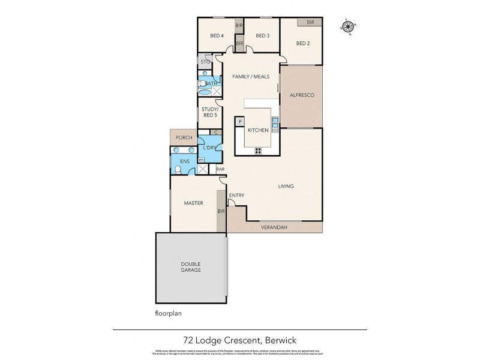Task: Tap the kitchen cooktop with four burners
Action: pos(259,150)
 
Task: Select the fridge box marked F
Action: pos(241,122)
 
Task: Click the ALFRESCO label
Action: pos(301,95)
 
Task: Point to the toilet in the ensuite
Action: pos(177,170)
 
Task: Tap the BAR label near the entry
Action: pos(220,170)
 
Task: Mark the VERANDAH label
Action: pos(273,227)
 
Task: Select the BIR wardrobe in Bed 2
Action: pos(310,22)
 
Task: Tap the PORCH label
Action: pos(184,137)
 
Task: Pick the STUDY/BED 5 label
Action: pos(209,112)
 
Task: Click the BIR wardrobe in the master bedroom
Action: pos(221,212)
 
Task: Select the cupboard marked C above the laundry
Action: pos(215,132)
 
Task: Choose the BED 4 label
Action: pos(217,35)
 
